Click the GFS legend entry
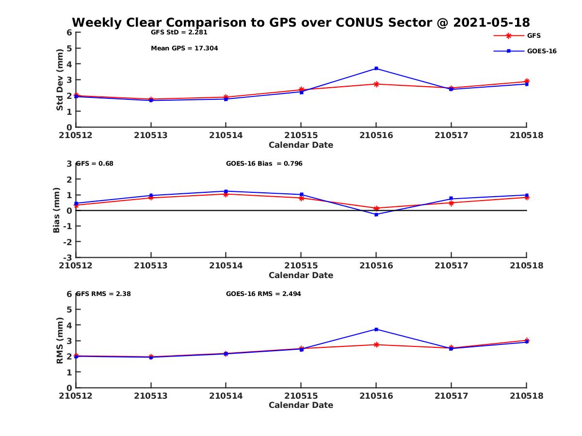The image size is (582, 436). click(x=533, y=35)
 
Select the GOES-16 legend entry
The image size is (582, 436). click(x=541, y=51)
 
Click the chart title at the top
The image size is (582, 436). click(x=301, y=22)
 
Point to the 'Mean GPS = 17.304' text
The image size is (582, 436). click(x=184, y=48)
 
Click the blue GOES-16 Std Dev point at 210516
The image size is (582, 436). click(x=376, y=68)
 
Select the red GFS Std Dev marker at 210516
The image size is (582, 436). click(x=376, y=84)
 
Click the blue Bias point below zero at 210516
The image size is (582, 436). click(x=376, y=215)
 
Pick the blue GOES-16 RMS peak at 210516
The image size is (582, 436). click(x=376, y=329)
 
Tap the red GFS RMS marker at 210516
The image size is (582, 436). click(x=376, y=344)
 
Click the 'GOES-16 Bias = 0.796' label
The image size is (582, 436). click(x=264, y=164)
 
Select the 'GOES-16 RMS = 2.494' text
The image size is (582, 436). click(x=263, y=294)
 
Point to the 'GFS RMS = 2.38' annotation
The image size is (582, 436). click(x=104, y=294)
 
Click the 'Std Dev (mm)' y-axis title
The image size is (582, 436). click(x=60, y=79)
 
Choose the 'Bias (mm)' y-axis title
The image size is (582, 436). click(x=57, y=210)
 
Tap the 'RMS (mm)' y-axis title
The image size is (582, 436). click(x=60, y=340)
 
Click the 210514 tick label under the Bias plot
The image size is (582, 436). click(x=226, y=265)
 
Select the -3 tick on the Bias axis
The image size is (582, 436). click(x=69, y=257)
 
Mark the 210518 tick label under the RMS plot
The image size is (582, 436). click(x=526, y=396)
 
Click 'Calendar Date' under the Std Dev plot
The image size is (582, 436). click(x=301, y=145)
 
